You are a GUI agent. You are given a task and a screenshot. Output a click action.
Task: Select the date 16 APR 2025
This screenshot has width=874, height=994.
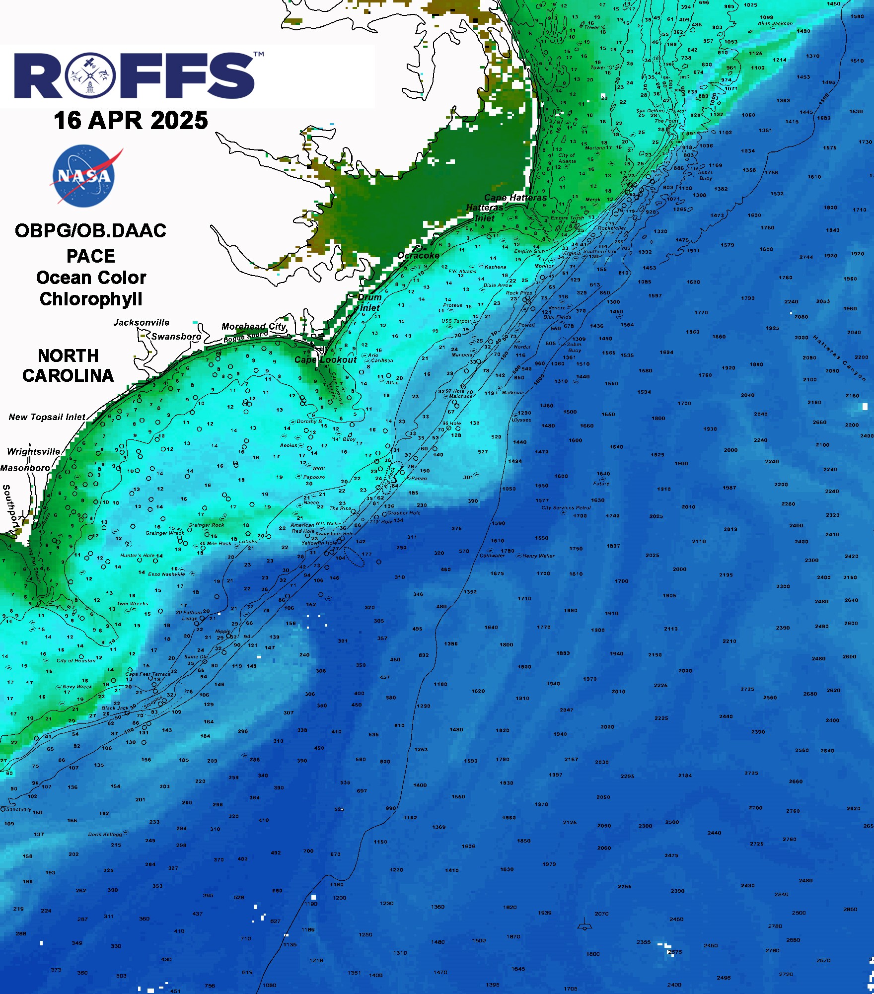coord(131,121)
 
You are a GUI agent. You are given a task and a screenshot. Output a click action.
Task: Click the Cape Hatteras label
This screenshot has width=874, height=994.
coord(515,198)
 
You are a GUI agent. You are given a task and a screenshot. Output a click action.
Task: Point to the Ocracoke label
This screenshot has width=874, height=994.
coord(419,256)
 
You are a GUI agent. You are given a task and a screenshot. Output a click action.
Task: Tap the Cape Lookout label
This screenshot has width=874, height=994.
coord(326,360)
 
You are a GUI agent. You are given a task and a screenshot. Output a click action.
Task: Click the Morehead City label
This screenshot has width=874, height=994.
coord(253,327)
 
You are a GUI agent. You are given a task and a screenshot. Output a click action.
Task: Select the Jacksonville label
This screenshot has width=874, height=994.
coord(142,323)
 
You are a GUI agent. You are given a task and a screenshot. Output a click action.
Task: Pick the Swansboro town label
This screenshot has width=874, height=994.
coord(176,337)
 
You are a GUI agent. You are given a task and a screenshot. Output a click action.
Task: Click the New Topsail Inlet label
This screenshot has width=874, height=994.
coord(47,417)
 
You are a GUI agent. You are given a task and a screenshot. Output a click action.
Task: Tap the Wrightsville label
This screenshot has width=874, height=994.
coord(33,452)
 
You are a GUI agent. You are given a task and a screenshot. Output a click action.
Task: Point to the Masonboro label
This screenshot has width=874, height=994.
coord(25,468)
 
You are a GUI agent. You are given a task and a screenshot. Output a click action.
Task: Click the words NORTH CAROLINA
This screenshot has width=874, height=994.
coord(68,366)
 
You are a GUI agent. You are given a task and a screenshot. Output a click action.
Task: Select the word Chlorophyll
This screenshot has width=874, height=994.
coord(91,299)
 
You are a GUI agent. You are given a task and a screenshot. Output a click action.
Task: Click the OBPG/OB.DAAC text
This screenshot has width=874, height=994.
coord(90,231)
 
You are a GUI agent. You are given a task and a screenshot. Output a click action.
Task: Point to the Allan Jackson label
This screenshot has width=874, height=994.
coord(775,23)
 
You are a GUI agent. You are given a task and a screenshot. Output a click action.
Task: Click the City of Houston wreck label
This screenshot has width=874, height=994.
coord(76,661)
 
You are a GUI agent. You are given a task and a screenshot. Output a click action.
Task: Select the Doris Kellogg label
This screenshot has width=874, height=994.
coord(105,835)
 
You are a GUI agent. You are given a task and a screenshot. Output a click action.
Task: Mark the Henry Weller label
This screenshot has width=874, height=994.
coord(538,556)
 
